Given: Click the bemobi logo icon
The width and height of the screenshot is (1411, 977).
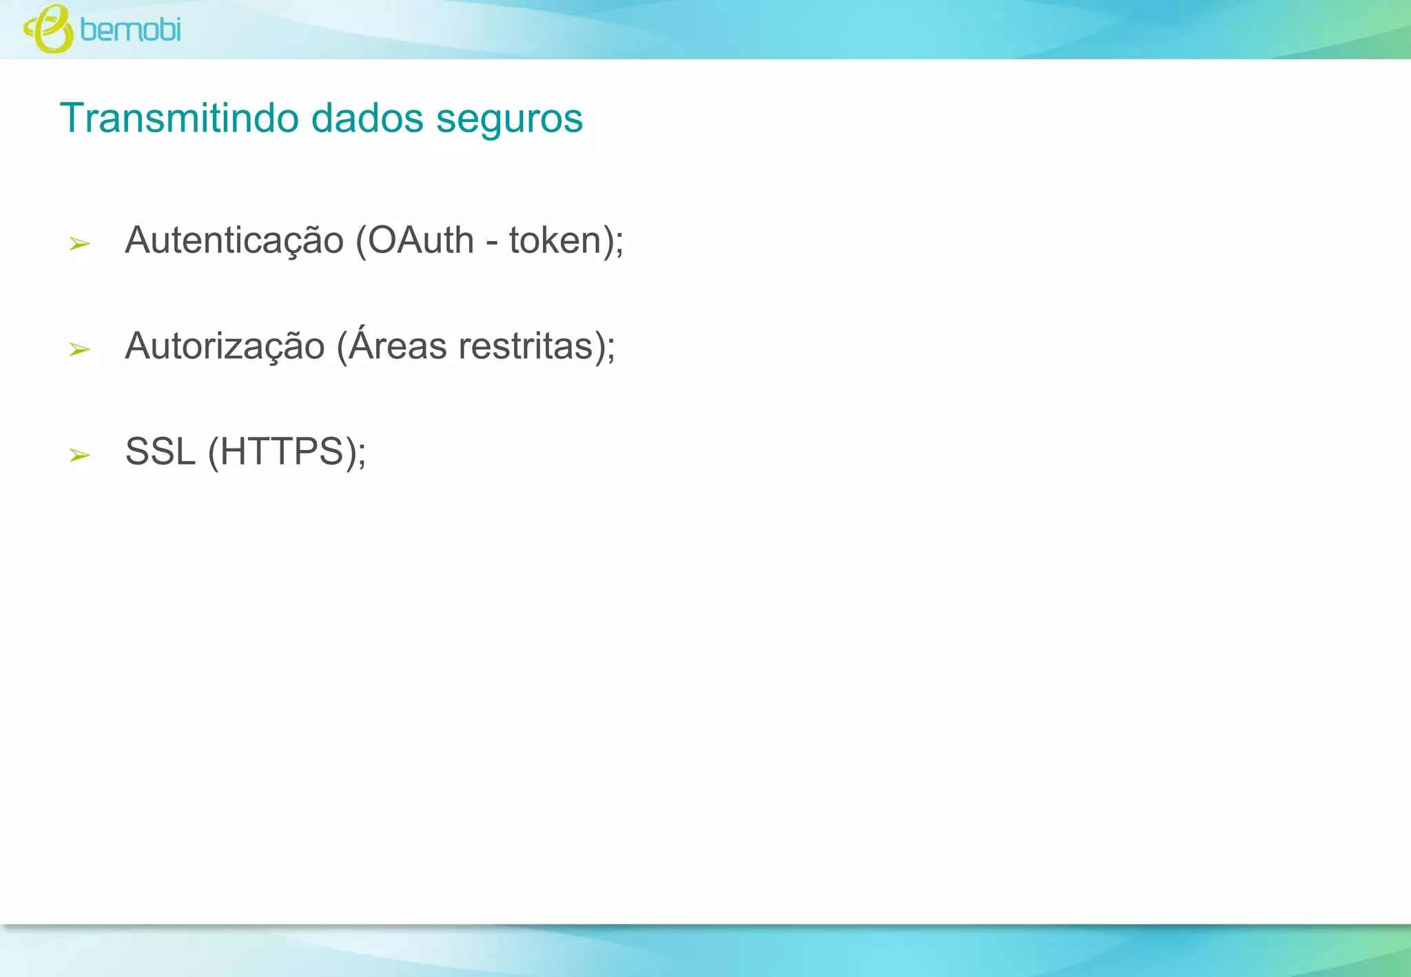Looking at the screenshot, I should (x=48, y=29).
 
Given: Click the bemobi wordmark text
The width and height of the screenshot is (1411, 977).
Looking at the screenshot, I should (x=130, y=30).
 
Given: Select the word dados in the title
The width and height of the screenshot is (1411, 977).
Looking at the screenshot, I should (x=367, y=118).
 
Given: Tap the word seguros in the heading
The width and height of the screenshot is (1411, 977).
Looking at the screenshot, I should (x=510, y=119).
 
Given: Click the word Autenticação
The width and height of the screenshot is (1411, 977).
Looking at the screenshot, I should (x=234, y=240).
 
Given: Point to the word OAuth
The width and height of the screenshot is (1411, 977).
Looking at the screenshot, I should (x=420, y=240).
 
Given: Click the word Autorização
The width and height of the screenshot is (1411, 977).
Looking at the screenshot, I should (x=225, y=346).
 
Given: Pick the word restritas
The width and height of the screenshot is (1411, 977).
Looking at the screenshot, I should (x=526, y=346).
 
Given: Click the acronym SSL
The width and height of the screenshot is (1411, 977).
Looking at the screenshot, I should (x=161, y=452).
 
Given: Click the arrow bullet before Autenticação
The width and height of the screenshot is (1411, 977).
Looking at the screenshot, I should (x=79, y=243).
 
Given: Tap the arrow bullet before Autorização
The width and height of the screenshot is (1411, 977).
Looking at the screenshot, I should (x=79, y=349).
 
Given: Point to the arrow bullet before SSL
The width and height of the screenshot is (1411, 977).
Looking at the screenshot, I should (x=79, y=455).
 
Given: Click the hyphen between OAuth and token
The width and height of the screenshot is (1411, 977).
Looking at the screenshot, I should (x=492, y=243).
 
